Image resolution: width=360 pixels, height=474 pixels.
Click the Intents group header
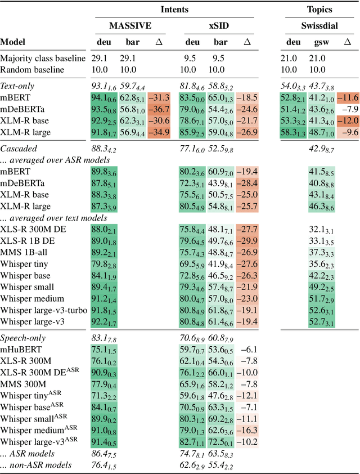tap(174, 10)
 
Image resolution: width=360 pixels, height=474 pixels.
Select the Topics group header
tap(320, 10)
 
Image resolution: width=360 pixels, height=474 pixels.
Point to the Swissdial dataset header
tap(320, 26)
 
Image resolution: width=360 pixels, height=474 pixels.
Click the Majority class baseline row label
tap(43, 59)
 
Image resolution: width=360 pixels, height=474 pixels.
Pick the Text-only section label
tap(17, 86)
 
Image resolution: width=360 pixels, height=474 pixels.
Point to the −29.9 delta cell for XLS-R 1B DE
tap(247, 241)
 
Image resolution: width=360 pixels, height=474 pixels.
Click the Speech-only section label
tap(23, 338)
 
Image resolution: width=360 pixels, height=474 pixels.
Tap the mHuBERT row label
tap(20, 350)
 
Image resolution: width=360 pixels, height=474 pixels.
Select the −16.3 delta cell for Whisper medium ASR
tap(247, 430)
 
